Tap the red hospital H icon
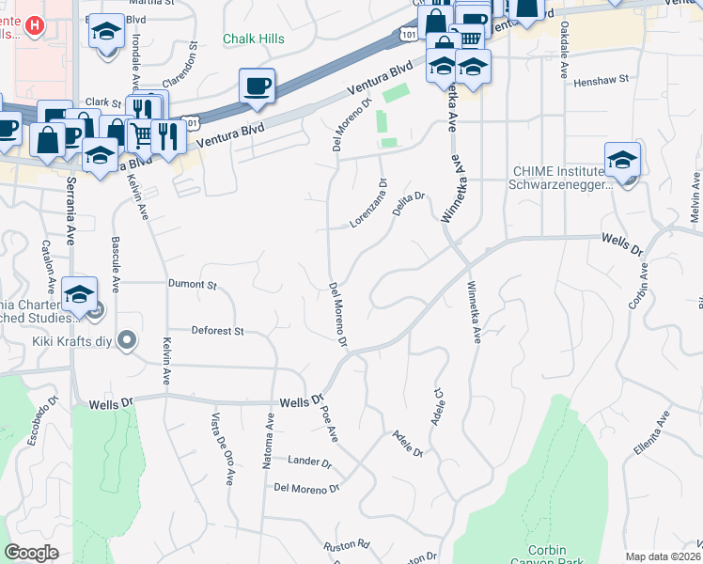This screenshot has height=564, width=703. pos(35,24)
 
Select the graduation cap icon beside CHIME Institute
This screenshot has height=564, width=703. pos(622,161)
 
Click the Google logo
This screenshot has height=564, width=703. pos(32,553)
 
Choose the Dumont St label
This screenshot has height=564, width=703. pos(192,284)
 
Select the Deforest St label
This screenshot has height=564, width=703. pos(217,331)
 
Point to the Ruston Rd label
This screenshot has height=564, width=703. pos(347,544)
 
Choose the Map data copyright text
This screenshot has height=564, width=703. pos(663,556)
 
